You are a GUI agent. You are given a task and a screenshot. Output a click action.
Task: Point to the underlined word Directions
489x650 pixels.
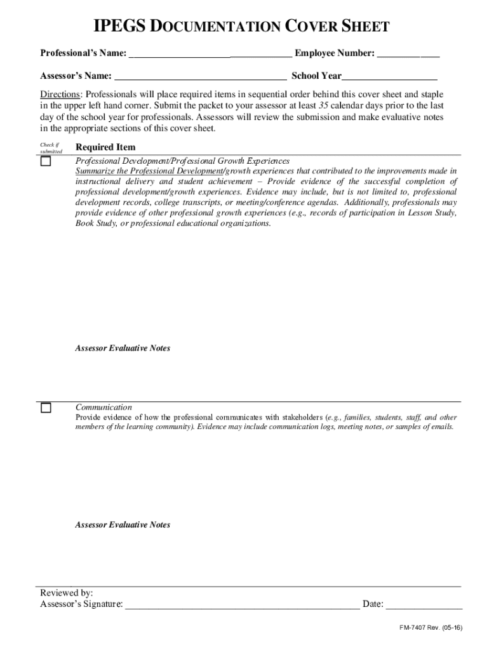61,95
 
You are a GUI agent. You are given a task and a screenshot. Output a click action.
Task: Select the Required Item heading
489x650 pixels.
105,147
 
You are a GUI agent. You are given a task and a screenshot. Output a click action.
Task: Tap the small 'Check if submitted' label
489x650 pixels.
51,148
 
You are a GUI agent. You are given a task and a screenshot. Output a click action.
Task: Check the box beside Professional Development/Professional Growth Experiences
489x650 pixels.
46,161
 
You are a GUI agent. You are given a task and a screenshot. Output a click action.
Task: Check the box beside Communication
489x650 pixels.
46,408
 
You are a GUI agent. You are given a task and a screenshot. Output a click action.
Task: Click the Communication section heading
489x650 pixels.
104,407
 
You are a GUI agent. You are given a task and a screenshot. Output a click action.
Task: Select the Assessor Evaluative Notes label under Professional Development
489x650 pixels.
123,348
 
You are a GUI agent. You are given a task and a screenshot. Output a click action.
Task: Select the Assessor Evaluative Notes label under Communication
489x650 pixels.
123,525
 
